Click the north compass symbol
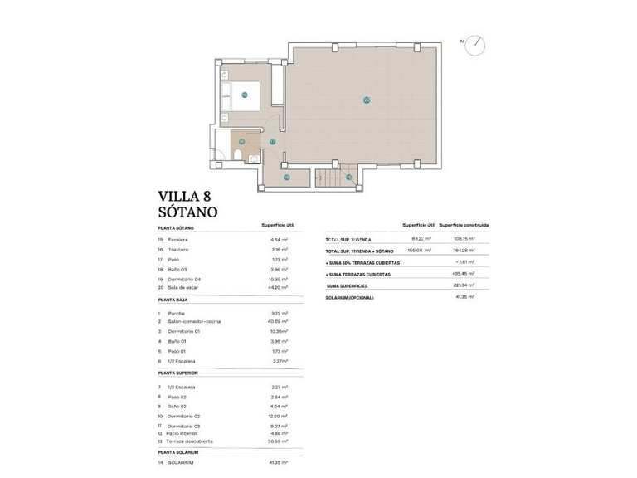[478, 43]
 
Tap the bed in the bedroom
[245, 95]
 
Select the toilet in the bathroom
[237, 158]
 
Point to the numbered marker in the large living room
[366, 100]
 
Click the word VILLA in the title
[181, 197]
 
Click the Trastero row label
[177, 249]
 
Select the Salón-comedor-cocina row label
[194, 321]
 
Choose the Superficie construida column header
[464, 225]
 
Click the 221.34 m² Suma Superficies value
[462, 285]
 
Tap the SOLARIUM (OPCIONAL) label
[350, 297]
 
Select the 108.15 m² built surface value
[462, 240]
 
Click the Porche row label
[176, 313]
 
